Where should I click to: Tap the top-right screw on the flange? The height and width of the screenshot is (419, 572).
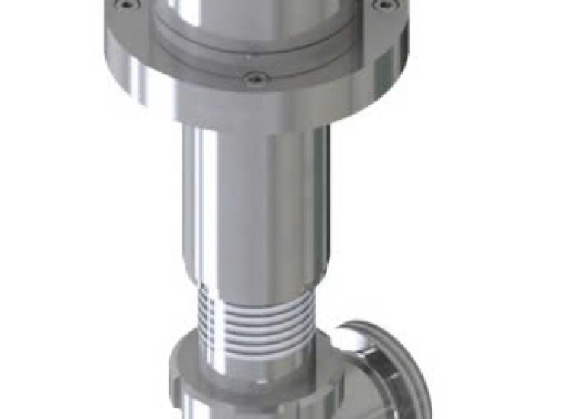coord(385,5)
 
